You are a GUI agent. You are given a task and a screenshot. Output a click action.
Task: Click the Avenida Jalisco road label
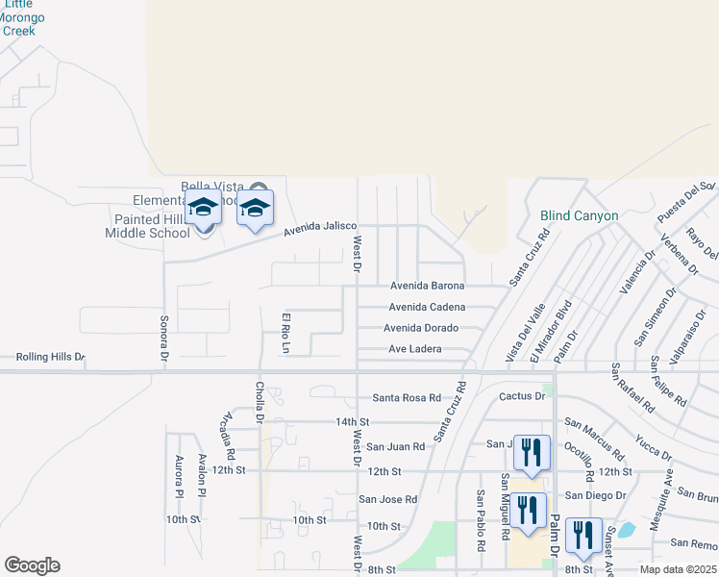coord(320,230)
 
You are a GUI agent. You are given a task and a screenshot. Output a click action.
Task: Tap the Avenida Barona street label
coord(427,286)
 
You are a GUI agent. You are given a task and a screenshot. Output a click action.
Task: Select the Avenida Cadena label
coord(427,307)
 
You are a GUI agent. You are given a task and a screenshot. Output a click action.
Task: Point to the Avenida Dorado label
coord(421,328)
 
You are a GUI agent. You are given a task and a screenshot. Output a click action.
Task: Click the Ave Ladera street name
coord(414,349)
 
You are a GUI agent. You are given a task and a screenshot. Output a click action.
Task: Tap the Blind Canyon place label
coord(579,216)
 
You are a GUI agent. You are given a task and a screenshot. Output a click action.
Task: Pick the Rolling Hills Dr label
coord(50,358)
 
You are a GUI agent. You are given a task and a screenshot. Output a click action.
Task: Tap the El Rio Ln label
coord(285,331)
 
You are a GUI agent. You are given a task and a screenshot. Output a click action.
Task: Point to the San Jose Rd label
coord(388,499)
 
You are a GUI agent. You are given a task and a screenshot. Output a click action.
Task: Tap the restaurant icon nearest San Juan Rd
coord(530,450)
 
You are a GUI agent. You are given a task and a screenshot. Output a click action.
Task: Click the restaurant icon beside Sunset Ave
coord(583,534)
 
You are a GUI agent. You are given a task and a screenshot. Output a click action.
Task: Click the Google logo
coord(32,565)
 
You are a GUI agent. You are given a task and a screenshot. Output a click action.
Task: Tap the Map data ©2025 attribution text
coord(678,569)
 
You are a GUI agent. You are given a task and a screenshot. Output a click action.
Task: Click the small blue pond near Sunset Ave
coord(626,529)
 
